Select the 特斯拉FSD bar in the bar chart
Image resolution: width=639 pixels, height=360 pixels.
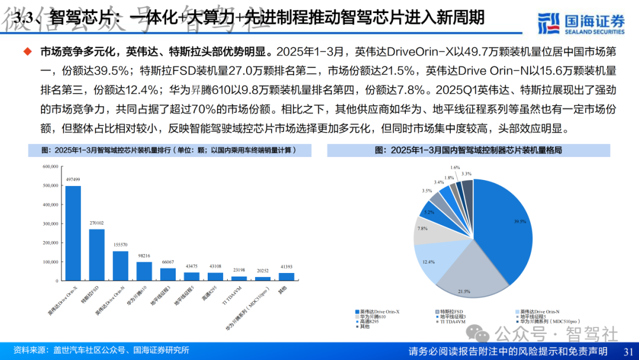coord(97,255)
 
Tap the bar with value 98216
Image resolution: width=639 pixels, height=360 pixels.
coord(144,271)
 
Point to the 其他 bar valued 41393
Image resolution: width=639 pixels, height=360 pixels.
coord(286,276)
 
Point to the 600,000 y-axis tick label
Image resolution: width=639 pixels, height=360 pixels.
coord(50,166)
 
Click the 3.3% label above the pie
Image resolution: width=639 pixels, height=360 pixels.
coord(467,173)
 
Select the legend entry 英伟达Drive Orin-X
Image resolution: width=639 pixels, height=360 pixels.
coord(379,311)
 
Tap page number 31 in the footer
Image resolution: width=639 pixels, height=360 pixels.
coord(628,351)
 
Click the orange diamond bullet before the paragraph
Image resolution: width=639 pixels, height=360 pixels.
coord(28,52)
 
